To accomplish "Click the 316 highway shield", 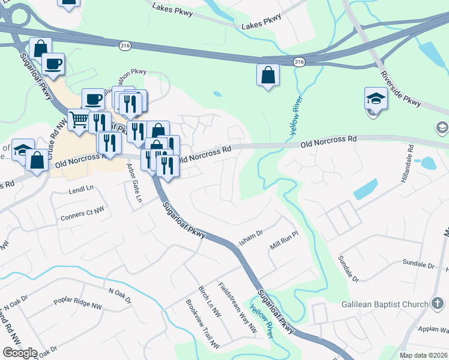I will point(299,62).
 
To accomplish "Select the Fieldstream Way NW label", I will point(238,308).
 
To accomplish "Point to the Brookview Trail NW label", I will point(203,323).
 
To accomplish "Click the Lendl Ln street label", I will point(82,188).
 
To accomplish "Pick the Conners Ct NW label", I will point(82,214).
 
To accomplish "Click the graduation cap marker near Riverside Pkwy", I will point(376,98).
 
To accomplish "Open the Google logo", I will point(20,353).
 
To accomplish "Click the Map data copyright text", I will point(423,355).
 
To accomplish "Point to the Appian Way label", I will point(435,330).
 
